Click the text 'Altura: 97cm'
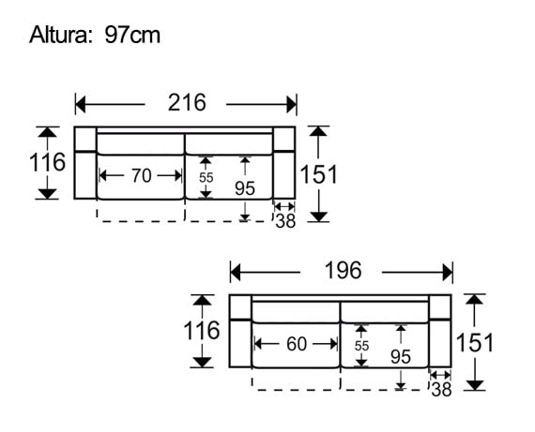94,36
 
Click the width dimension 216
187,103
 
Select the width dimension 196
343,271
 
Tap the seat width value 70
141,175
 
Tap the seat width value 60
297,344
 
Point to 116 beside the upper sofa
47,163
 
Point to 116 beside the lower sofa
202,331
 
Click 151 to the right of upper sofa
319,174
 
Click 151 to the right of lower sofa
475,342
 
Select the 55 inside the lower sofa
362,345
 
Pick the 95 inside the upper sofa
245,187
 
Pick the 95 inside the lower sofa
401,356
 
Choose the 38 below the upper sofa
285,221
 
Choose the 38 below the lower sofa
441,389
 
